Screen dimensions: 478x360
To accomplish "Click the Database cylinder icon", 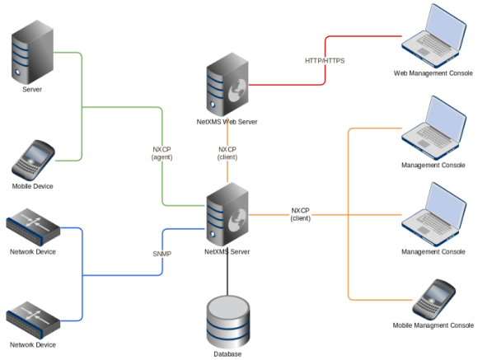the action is (x=228, y=322).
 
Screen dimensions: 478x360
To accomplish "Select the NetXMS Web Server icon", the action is (x=227, y=84).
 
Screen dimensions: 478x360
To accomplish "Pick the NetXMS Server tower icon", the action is (x=227, y=214).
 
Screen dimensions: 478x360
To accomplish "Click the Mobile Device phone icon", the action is (x=33, y=161).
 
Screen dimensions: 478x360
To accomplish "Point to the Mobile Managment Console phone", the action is (x=433, y=299).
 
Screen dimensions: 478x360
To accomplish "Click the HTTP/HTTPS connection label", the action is (x=325, y=61).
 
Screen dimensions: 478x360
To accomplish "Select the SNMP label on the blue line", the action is (x=162, y=254).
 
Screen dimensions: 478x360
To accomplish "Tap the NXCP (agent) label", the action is (x=162, y=153).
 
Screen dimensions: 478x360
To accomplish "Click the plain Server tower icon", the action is (x=32, y=52).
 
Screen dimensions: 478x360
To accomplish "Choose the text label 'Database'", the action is (x=227, y=354).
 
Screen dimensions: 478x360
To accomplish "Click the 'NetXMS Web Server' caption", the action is (x=227, y=122).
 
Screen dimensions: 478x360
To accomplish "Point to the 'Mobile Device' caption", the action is (x=33, y=186).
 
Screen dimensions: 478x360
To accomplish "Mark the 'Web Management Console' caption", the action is (x=433, y=73).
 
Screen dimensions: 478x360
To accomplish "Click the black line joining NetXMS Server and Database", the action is (x=227, y=271).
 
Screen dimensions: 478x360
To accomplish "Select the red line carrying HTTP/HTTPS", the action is (x=325, y=60).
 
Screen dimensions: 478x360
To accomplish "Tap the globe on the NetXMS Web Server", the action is (x=237, y=91).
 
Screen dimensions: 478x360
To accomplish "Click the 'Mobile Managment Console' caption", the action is (x=433, y=325).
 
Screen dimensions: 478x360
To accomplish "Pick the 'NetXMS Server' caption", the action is (x=227, y=252).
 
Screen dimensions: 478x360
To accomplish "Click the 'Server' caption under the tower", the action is (x=32, y=90).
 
